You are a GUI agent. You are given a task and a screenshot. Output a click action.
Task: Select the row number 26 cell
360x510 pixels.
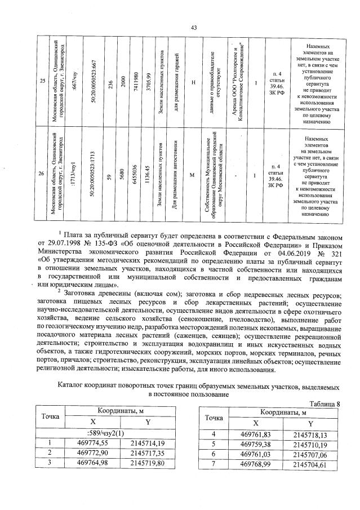click(42, 174)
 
